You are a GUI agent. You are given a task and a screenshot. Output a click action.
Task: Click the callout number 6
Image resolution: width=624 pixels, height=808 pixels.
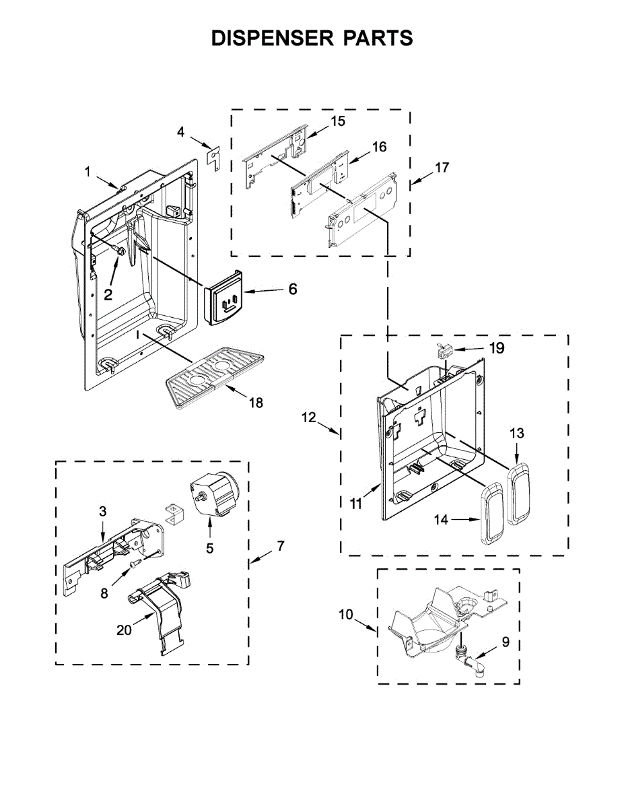(293, 290)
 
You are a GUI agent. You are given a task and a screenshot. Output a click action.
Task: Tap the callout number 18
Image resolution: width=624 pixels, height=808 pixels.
(256, 403)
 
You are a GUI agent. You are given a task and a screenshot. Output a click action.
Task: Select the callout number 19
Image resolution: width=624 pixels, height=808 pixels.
(497, 349)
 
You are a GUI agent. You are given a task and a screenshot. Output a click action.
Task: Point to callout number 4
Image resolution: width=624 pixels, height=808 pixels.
(180, 132)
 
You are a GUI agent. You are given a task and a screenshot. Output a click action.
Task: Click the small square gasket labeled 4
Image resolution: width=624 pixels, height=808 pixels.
(213, 156)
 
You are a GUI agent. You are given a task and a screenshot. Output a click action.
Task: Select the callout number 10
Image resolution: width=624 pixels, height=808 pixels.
(345, 614)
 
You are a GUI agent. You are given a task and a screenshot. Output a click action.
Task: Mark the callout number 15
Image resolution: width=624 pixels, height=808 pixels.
(337, 121)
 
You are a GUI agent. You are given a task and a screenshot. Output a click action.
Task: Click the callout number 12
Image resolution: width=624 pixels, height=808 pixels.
(309, 418)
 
